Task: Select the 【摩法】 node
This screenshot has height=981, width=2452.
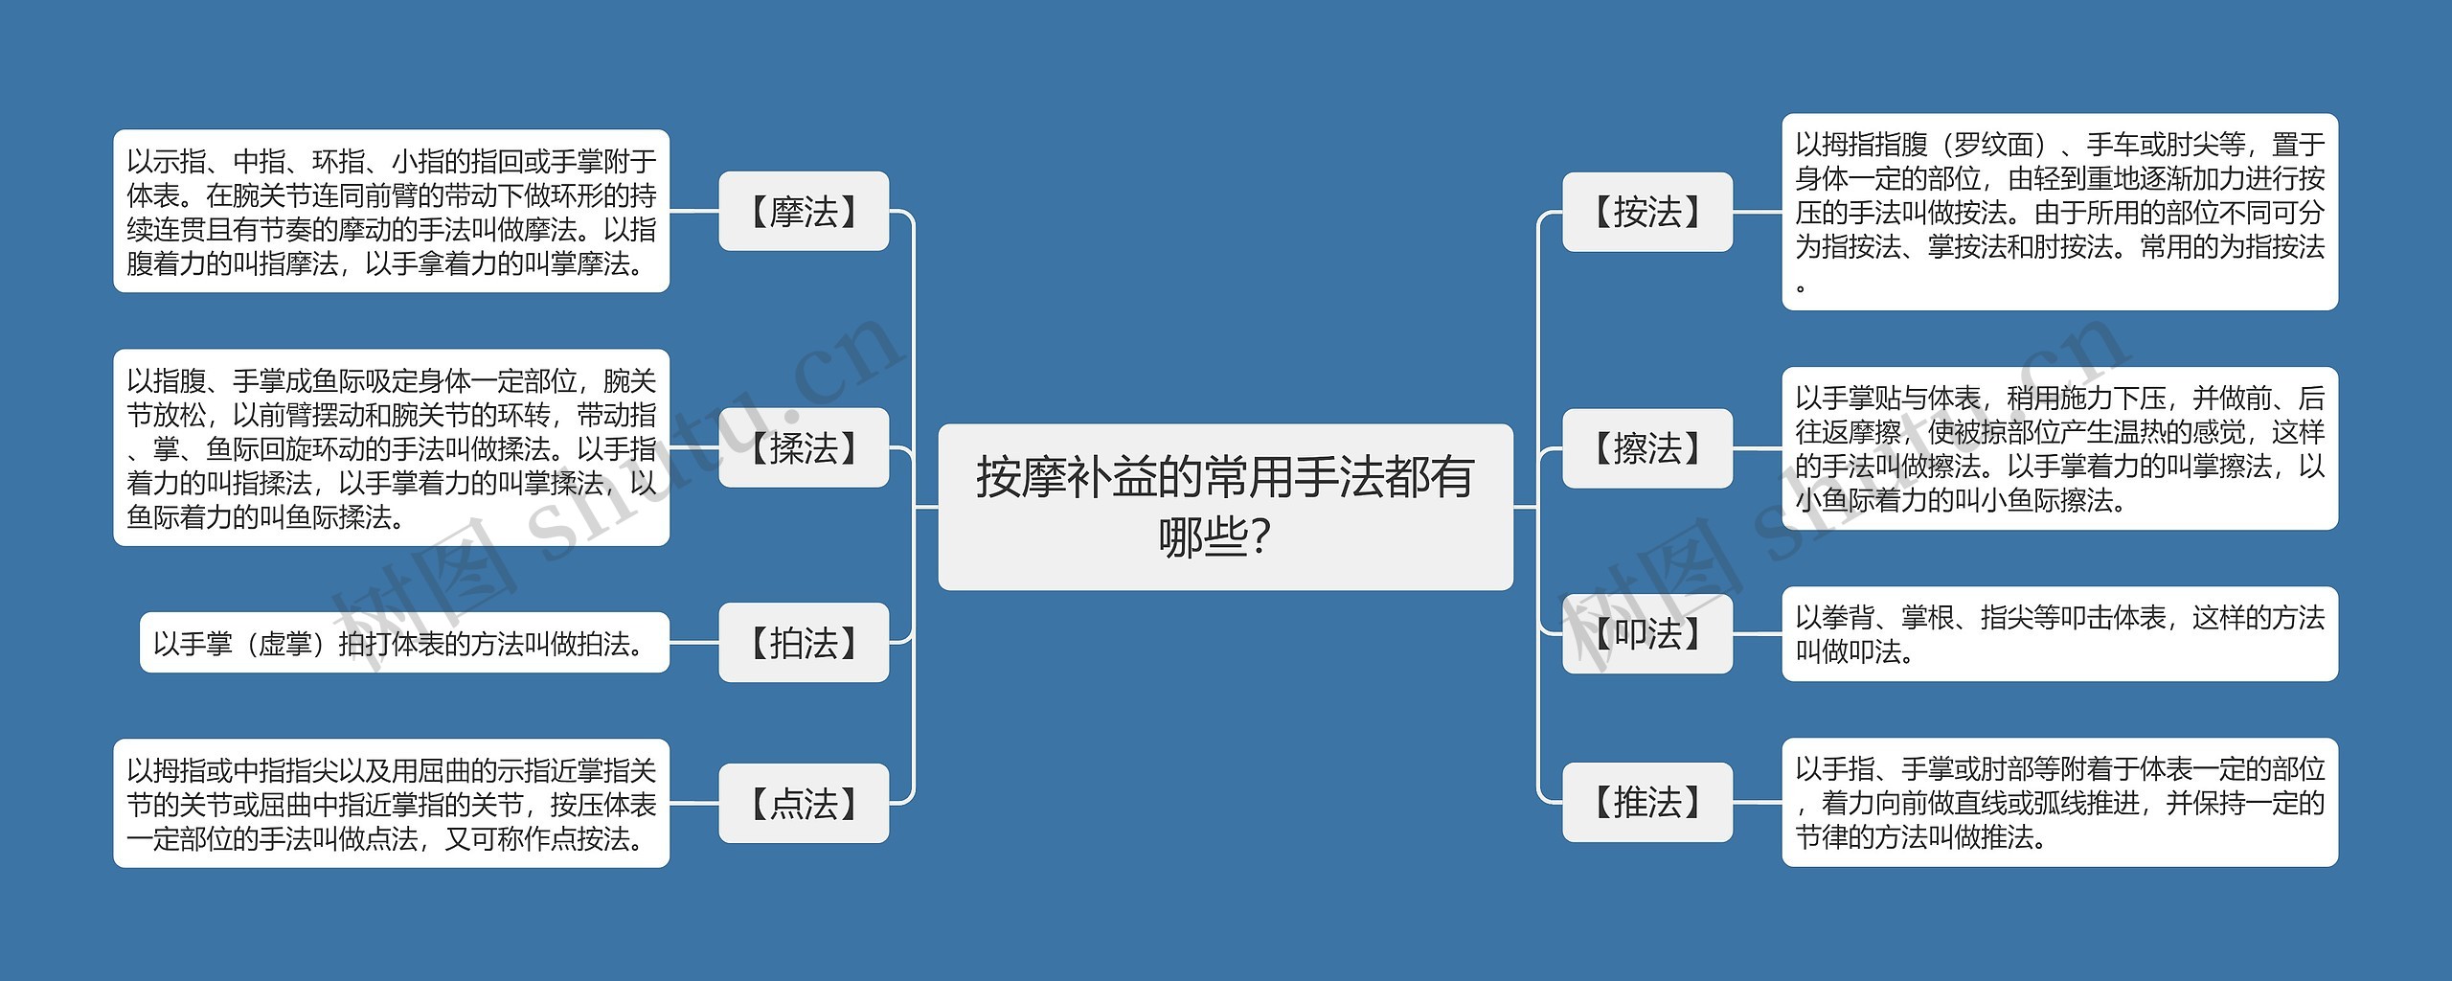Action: tap(804, 212)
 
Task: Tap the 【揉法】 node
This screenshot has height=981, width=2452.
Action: tap(804, 447)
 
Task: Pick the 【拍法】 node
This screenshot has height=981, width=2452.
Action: tap(804, 643)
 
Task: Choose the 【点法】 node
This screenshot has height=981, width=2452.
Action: tap(804, 804)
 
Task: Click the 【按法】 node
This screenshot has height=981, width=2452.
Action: tap(1647, 212)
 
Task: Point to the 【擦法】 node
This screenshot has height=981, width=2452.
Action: tap(1647, 447)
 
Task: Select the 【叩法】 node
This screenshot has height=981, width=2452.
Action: tap(1647, 633)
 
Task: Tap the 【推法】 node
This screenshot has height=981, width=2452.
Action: tap(1647, 803)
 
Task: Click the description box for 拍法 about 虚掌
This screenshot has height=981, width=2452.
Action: tap(404, 643)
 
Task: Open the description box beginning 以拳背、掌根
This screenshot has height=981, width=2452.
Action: tap(2059, 634)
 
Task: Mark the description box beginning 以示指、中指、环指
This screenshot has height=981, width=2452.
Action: tap(391, 212)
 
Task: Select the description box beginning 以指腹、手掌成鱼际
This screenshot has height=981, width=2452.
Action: tap(391, 447)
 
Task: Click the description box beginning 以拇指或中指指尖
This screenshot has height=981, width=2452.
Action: tap(391, 804)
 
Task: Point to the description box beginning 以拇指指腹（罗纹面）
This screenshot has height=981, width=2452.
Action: tap(2059, 212)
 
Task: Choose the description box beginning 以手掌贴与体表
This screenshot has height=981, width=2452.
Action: tap(2059, 448)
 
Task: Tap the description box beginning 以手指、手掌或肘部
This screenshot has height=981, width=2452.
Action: tap(2059, 803)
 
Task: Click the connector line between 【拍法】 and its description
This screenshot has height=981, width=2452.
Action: tap(694, 643)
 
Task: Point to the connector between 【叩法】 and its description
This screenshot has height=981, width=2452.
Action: tap(1758, 633)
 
